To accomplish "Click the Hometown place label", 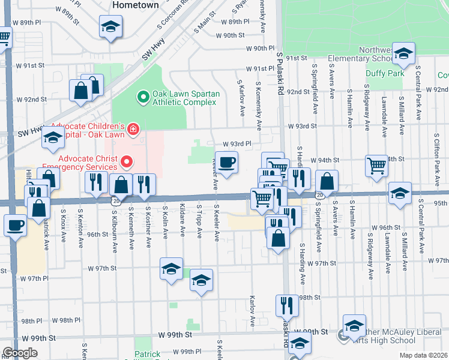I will (136, 5).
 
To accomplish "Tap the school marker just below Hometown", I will (110, 27).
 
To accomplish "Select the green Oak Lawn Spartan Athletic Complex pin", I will (143, 96).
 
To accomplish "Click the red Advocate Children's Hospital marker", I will (132, 129).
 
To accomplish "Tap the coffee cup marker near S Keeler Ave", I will (226, 163).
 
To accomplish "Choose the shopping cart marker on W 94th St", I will (376, 164).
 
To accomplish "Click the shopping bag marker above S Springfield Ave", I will (327, 181).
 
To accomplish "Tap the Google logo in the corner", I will (20, 353).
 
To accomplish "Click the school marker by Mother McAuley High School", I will (354, 325).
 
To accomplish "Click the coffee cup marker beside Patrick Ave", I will (15, 226).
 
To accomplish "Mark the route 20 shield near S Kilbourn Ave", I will (113, 202).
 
